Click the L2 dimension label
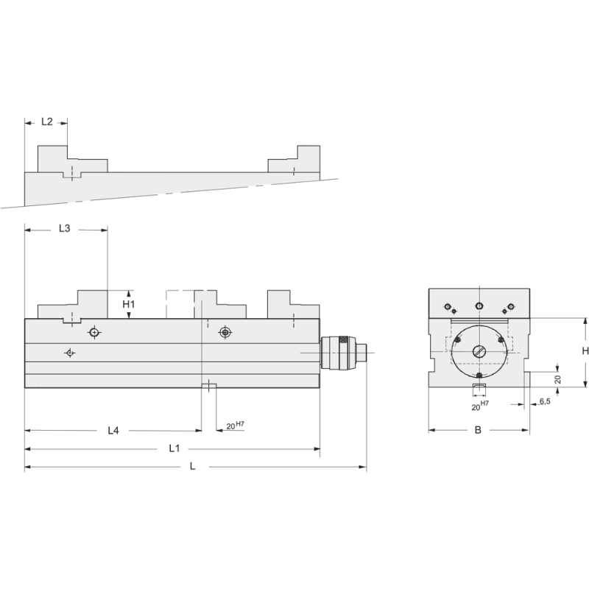tap(46, 121)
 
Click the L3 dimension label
tap(64, 229)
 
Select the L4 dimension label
tap(113, 430)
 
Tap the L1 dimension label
tap(174, 448)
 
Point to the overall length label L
tap(193, 466)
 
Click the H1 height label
tap(129, 304)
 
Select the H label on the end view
tap(585, 351)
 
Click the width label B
tap(478, 430)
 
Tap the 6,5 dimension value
tap(545, 401)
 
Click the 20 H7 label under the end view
tap(480, 406)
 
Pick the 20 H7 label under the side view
tap(235, 426)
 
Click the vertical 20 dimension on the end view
tap(558, 378)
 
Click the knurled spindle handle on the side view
tap(340, 353)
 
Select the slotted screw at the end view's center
tap(479, 351)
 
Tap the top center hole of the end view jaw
tap(479, 306)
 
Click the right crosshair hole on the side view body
tap(225, 333)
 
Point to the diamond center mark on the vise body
tap(69, 353)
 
